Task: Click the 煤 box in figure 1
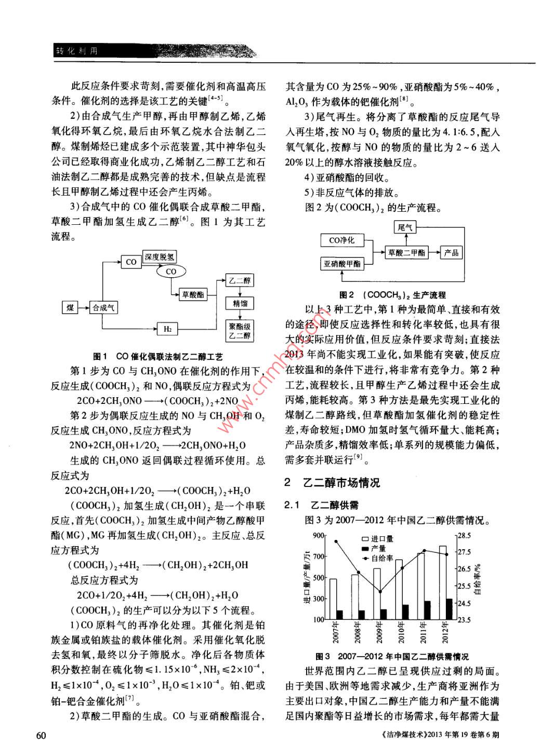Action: point(70,308)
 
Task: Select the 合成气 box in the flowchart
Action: point(103,308)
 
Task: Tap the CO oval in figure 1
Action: point(171,272)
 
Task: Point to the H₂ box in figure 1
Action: point(167,329)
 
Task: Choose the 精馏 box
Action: point(240,303)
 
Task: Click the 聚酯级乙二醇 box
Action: point(240,331)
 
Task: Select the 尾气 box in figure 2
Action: point(405,227)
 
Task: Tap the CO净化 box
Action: point(342,240)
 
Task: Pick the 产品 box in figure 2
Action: point(451,253)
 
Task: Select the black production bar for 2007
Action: point(339,615)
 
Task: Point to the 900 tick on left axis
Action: point(319,536)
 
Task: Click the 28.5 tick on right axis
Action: point(464,535)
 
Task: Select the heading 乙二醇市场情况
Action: point(341,483)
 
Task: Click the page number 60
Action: point(42,735)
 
